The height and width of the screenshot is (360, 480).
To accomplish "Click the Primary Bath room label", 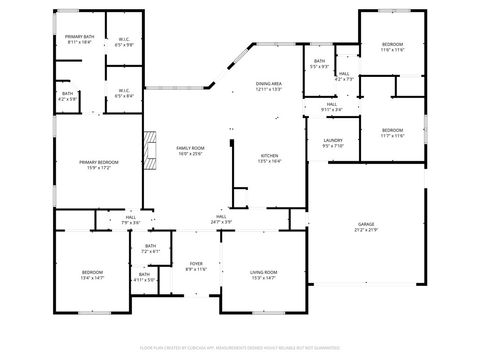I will tap(79, 40).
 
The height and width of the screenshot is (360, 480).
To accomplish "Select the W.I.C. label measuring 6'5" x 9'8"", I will tap(124, 42).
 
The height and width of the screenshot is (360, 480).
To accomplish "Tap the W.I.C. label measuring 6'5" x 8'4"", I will tap(124, 93).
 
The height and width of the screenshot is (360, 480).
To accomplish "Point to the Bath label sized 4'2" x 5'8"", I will tap(67, 96).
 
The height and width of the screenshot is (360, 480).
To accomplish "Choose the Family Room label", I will tap(190, 151).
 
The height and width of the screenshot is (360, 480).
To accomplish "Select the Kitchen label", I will tap(270, 158).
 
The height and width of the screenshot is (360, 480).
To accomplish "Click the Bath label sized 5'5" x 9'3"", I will tap(319, 65).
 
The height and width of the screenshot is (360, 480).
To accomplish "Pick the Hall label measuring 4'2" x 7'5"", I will tap(344, 76).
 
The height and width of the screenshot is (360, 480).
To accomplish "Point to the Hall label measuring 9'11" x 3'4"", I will tap(332, 107).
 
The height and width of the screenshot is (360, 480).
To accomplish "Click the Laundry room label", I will tap(333, 143).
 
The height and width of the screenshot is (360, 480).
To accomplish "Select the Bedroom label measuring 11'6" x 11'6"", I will tap(393, 47).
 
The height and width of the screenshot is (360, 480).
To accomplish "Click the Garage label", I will tap(367, 226).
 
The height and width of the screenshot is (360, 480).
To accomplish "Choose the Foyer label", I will tap(196, 266).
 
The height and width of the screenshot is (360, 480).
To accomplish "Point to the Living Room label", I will tap(264, 274).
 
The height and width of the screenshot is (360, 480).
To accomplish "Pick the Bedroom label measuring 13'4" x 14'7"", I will tap(92, 274).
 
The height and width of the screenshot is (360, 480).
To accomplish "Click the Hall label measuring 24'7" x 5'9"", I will tap(222, 218).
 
